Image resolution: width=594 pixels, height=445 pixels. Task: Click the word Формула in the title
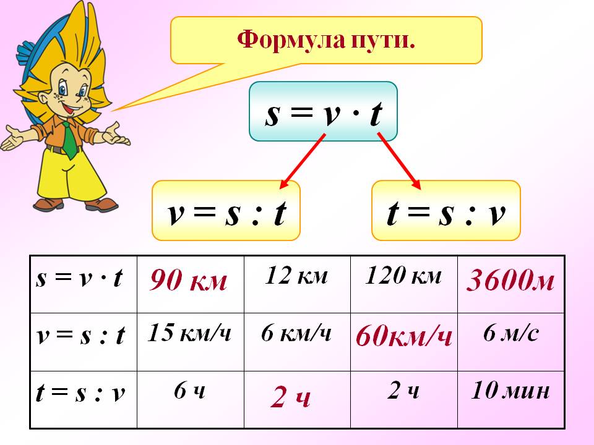291,40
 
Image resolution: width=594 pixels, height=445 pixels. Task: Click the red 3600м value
510,281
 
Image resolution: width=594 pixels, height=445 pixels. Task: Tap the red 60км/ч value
404,336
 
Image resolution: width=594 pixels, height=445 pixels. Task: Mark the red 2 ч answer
291,397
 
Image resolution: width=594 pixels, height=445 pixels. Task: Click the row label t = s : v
80,393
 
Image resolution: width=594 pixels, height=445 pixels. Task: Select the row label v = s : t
80,335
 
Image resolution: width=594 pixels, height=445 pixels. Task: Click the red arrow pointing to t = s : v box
399,161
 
